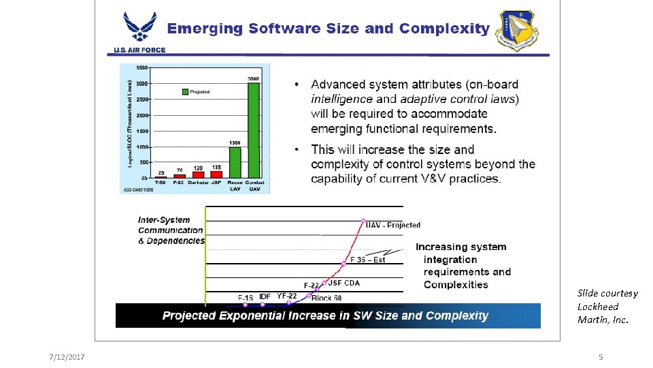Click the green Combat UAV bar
[253, 129]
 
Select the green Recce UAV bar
[235, 162]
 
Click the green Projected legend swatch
[184, 91]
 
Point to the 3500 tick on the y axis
[142, 67]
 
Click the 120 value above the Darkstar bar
[197, 168]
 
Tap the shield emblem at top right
[518, 31]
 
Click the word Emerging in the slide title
[205, 29]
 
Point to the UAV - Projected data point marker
[363, 220]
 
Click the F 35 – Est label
[368, 260]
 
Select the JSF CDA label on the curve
[344, 283]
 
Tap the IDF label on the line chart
[265, 296]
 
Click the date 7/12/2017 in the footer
[67, 357]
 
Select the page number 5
[601, 357]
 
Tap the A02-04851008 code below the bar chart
[139, 190]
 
